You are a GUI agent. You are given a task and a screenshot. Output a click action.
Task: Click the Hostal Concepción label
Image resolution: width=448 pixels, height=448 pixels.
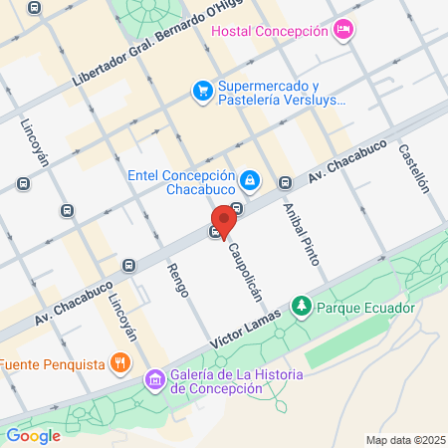pyautogui.click(x=269, y=31)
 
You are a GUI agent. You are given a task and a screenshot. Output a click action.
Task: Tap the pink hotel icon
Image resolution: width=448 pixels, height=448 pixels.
pyautogui.click(x=342, y=30)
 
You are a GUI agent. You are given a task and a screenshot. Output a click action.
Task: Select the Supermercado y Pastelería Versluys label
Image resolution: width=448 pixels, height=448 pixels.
pyautogui.click(x=282, y=93)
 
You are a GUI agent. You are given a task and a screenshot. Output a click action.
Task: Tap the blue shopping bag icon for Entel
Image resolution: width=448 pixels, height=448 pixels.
pyautogui.click(x=250, y=180)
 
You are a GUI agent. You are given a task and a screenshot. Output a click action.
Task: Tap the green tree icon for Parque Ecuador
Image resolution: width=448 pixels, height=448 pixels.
pyautogui.click(x=300, y=304)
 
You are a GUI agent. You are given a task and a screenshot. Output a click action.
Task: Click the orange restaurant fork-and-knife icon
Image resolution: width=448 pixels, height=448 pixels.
pyautogui.click(x=120, y=362)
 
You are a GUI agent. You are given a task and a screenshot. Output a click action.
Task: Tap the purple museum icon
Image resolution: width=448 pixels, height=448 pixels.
pyautogui.click(x=153, y=379)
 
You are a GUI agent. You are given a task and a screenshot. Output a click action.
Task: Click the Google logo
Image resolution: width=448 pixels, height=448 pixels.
pyautogui.click(x=33, y=435)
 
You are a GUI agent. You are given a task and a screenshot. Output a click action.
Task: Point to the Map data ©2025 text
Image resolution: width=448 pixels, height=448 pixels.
pyautogui.click(x=403, y=440)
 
